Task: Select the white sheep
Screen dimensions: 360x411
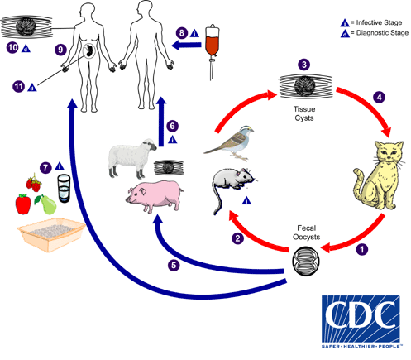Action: [x=131, y=157]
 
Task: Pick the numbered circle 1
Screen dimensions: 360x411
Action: [x=361, y=247]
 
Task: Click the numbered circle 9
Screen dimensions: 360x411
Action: [x=60, y=50]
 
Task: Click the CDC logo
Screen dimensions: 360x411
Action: [x=359, y=317]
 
